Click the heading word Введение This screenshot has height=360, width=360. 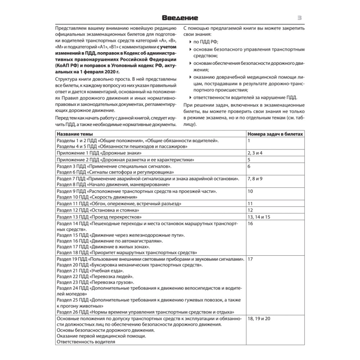pyautogui.click(x=180, y=18)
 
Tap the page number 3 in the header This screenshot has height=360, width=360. pyautogui.click(x=299, y=17)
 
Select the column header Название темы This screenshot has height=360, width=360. pyautogui.click(x=74, y=134)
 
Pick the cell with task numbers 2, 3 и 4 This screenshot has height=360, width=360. pyautogui.click(x=255, y=153)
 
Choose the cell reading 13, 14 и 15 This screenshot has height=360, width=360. pyautogui.click(x=259, y=217)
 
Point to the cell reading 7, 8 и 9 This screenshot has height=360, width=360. pyautogui.click(x=255, y=178)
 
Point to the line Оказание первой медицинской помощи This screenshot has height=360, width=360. pyautogui.click(x=101, y=336)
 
